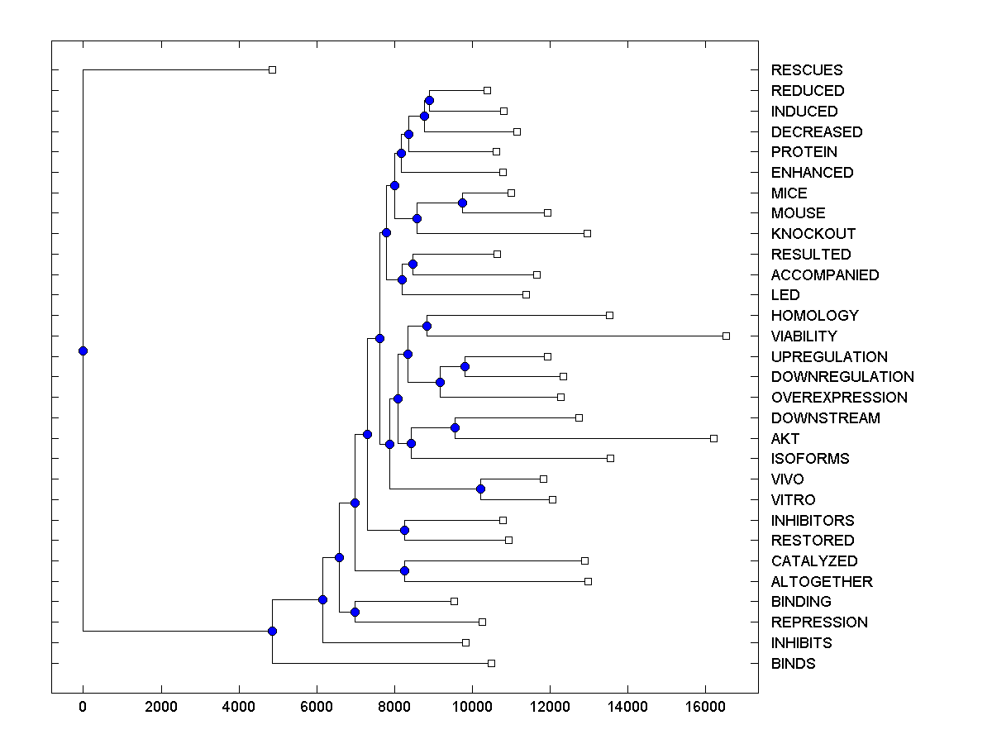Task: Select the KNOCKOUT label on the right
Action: [813, 234]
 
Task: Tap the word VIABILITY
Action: [804, 336]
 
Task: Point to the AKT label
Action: [785, 439]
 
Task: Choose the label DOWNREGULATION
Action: [831, 377]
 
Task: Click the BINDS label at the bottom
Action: [793, 664]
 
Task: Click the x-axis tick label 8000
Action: [394, 707]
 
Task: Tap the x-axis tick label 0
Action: [83, 707]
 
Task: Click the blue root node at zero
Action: [83, 351]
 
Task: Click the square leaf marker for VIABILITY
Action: [726, 336]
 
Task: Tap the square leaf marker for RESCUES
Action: [272, 69]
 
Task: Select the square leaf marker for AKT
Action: [713, 438]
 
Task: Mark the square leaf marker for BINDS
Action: [491, 663]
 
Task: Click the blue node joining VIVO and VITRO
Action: [480, 489]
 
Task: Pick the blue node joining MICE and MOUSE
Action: [462, 203]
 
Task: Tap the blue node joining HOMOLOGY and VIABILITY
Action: [427, 326]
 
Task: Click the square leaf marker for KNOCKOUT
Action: [587, 233]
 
